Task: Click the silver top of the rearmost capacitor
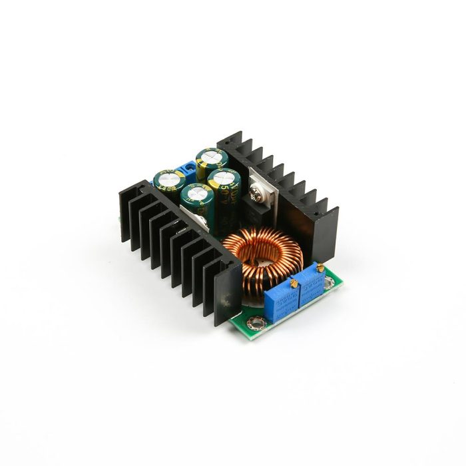tap(212, 156)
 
